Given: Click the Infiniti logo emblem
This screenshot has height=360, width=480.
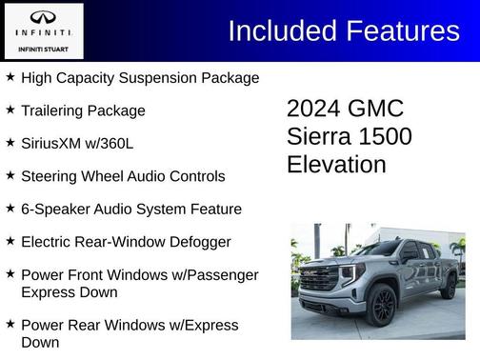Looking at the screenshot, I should coord(43,18).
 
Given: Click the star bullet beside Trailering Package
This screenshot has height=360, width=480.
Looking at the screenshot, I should coord(10,110).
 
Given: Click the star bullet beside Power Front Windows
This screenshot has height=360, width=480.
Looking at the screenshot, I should coord(10,274).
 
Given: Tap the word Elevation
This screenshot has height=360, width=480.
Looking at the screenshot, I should coord(336,165).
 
